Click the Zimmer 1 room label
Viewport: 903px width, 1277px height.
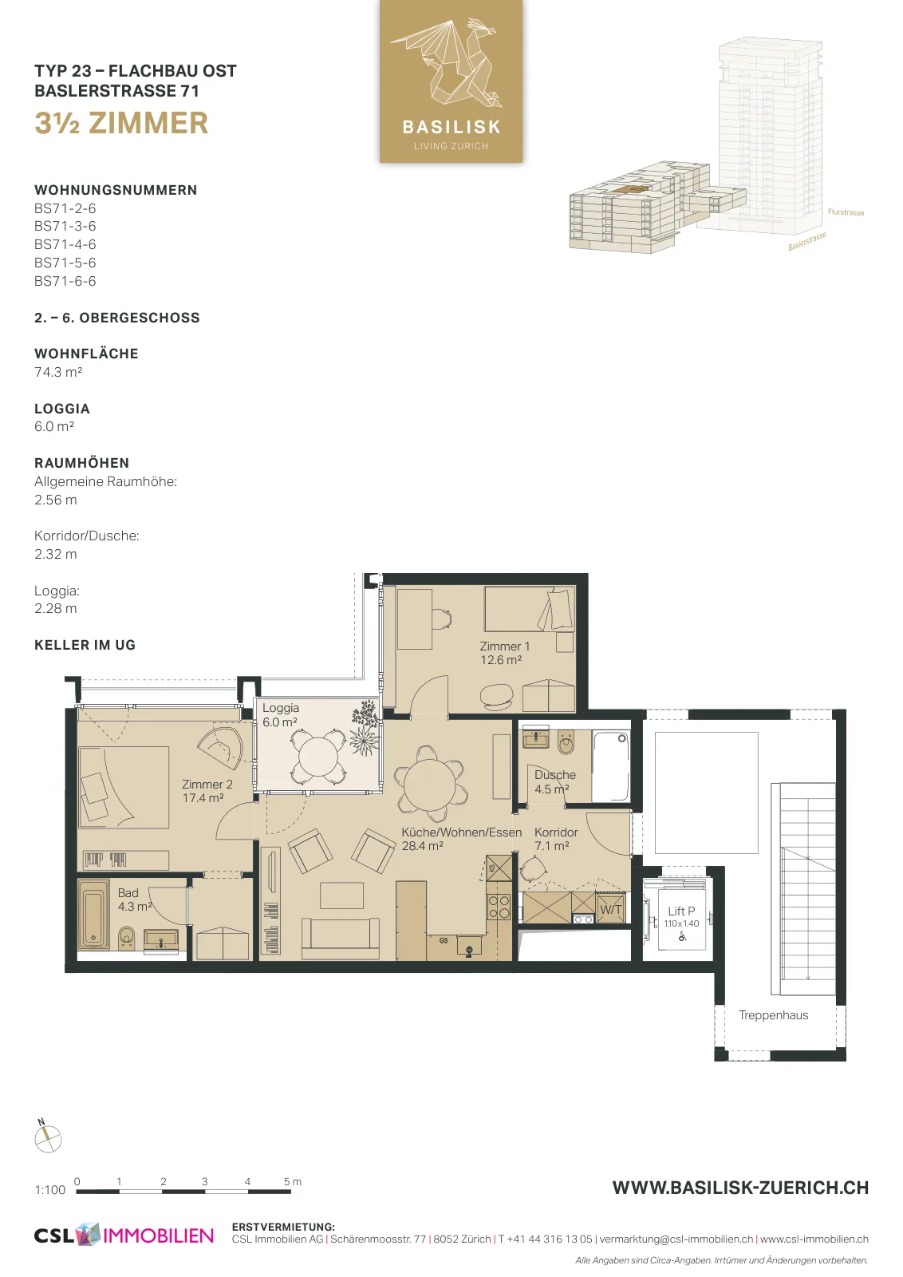tap(504, 654)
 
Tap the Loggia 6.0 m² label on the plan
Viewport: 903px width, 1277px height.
tap(280, 715)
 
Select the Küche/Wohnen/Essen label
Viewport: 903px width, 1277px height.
tap(461, 839)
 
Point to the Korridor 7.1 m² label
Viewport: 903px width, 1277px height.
tap(556, 839)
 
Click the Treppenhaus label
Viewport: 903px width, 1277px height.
tap(773, 1014)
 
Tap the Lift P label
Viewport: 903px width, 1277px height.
tap(681, 911)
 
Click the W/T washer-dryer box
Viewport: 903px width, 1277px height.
tap(611, 909)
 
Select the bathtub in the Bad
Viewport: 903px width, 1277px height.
tap(93, 915)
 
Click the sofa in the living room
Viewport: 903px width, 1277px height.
tap(341, 939)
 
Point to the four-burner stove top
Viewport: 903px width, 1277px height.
tap(499, 907)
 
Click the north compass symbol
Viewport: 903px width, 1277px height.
tap(47, 1138)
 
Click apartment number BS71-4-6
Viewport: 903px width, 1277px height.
tap(65, 244)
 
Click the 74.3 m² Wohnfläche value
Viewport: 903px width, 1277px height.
tap(58, 372)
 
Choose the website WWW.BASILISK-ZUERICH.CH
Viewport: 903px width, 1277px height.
tap(740, 1188)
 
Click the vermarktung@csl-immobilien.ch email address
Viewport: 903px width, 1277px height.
tap(676, 1239)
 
